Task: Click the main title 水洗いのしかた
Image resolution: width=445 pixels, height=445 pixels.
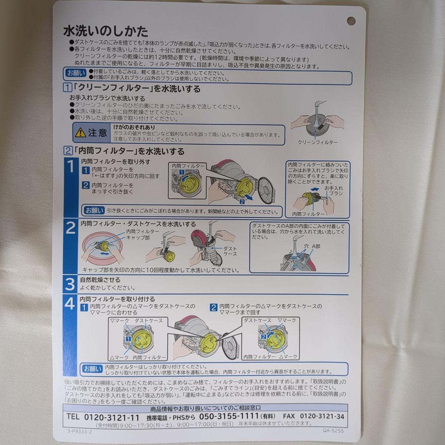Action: click(106, 31)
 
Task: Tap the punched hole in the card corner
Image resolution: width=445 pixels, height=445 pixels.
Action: click(351, 21)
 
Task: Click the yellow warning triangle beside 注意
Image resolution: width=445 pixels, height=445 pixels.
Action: click(80, 133)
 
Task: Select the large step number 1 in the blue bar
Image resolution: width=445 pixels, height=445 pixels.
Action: click(70, 167)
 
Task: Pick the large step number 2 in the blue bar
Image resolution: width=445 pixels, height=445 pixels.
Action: click(70, 228)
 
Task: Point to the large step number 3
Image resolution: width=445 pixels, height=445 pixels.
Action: click(70, 284)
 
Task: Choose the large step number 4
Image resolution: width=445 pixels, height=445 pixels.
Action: click(70, 304)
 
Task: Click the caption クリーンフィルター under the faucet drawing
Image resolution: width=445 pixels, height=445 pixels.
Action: click(317, 142)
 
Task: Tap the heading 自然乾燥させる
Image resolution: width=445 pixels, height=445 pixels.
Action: click(100, 280)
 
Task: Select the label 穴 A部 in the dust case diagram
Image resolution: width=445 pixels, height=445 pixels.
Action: click(311, 246)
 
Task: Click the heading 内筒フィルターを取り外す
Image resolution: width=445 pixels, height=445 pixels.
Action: click(115, 162)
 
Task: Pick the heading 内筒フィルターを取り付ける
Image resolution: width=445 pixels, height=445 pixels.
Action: click(117, 299)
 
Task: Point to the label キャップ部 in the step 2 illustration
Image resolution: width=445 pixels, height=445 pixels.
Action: click(138, 238)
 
